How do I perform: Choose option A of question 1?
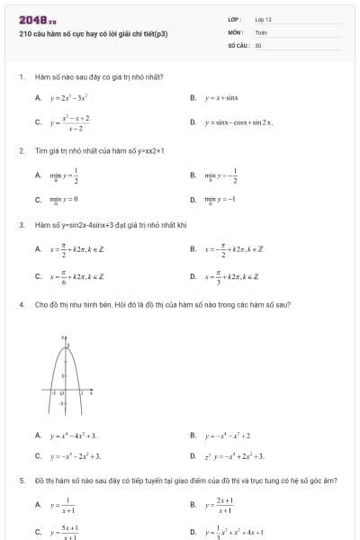(67, 97)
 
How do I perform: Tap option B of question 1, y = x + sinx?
(220, 97)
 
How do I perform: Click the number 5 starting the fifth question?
(20, 481)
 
